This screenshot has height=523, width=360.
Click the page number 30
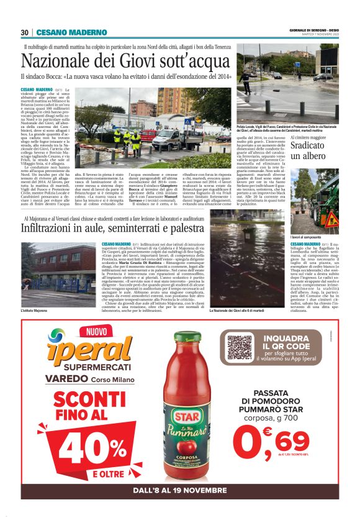coord(24,32)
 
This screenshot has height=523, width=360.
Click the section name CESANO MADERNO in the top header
coord(63,32)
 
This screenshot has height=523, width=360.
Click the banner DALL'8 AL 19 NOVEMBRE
coord(180,493)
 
